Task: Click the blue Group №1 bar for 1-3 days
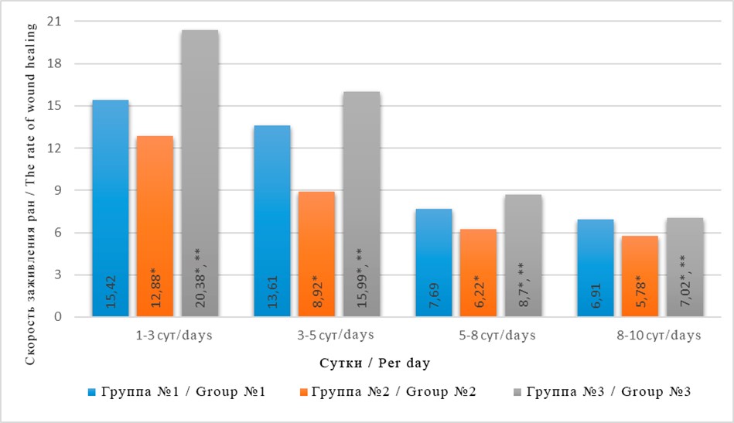point(111,209)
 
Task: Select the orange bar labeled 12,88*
point(155,227)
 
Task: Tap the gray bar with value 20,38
point(200,173)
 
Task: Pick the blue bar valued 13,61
point(272,221)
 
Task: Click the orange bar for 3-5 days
point(316,254)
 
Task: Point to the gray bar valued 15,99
point(361,204)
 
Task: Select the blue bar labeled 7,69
point(434,263)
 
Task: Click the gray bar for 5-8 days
point(523,256)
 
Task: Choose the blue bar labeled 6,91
point(596,268)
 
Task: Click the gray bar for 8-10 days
point(684,268)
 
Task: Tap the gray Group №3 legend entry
point(608,392)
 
